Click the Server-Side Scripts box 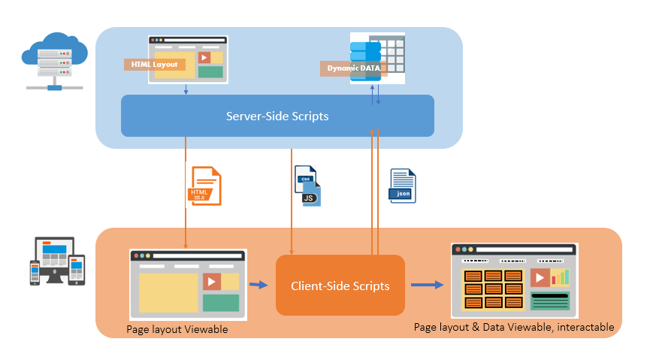(x=277, y=116)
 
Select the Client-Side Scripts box (x=340, y=286)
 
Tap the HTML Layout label (x=154, y=64)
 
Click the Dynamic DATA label (x=352, y=68)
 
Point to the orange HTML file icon (x=204, y=186)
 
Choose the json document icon (x=402, y=186)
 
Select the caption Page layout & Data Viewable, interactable (x=514, y=327)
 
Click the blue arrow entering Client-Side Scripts (x=258, y=285)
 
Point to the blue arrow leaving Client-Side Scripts (x=426, y=285)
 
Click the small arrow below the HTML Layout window (x=186, y=89)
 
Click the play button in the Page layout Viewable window (x=212, y=282)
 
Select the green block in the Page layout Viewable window (x=220, y=302)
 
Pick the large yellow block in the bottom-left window (x=168, y=292)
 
